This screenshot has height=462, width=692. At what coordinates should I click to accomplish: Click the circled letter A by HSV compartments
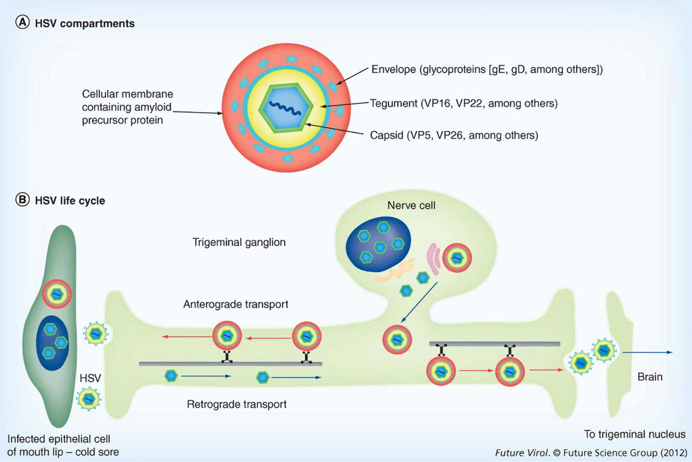pos(22,22)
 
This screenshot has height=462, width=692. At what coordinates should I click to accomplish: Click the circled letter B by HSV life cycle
pos(22,200)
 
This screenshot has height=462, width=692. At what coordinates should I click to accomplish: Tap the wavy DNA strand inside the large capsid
pos(285,109)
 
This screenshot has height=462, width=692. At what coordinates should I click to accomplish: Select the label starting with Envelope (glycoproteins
pos(486,69)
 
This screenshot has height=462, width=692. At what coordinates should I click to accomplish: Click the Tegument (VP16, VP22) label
pos(463,104)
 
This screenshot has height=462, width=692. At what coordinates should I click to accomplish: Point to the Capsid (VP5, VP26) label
pos(453,136)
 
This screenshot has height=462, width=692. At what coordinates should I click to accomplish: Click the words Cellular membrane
pos(127,94)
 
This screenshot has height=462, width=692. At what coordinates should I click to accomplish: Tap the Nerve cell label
pos(411,205)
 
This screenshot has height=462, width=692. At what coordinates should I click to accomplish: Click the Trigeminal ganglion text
pos(239,242)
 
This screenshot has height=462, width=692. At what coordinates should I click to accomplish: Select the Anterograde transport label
pos(236,304)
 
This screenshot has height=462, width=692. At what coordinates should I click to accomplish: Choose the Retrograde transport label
pos(236,404)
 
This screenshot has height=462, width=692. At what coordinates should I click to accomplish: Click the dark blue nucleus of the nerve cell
pos(378,244)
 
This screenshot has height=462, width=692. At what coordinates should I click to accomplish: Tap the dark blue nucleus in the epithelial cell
pos(52,343)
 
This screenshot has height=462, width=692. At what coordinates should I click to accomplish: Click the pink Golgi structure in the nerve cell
pos(433,259)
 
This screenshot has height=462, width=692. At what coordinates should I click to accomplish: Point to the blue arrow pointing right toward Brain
pos(647,352)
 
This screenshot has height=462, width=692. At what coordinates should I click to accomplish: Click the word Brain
pos(650,377)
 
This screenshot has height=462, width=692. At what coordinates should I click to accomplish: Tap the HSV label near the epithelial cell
pos(90,378)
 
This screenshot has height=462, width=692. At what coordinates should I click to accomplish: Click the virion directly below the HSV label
pos(88,399)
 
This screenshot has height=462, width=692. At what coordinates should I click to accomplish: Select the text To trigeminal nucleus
pos(634,434)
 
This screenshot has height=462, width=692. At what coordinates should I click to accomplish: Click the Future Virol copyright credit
pos(591,453)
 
